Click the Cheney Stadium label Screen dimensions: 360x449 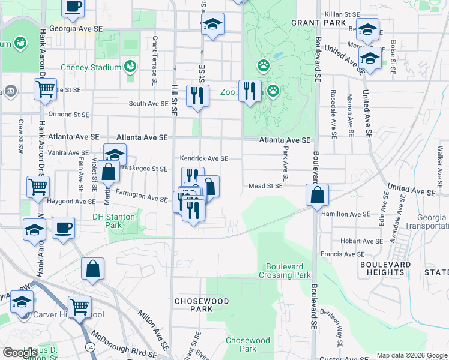(90, 67)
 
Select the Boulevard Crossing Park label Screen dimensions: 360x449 (285, 271)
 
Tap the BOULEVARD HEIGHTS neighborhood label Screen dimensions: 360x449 (385, 268)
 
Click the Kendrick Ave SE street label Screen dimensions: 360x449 (205, 158)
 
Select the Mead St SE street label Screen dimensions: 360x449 (266, 187)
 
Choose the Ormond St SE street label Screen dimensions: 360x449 (68, 114)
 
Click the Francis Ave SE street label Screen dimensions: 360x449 (342, 254)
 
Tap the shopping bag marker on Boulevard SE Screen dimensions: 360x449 (317, 195)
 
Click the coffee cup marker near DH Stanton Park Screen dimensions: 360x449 (63, 228)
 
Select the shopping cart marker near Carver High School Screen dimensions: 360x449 (79, 307)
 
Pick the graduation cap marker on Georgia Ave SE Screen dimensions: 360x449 (212, 25)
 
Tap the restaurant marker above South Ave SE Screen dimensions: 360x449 (197, 94)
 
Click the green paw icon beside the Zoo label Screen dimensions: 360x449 (273, 91)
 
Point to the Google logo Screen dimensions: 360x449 (20, 353)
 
